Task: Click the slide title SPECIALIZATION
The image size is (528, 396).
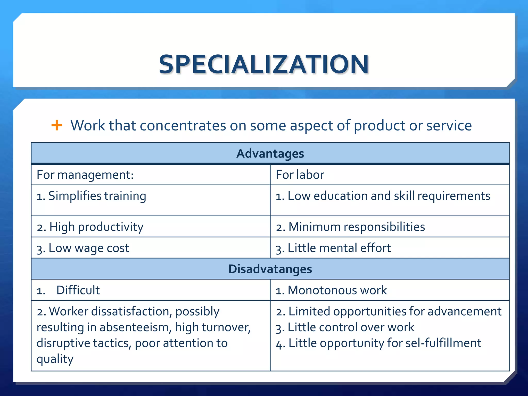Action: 264,64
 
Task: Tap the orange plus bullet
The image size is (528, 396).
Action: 57,126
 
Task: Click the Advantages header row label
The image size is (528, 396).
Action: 270,154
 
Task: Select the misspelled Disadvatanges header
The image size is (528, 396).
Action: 270,269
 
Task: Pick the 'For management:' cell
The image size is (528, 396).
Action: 85,175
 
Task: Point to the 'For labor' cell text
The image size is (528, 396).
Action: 300,175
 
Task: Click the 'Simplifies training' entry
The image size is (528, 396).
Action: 92,196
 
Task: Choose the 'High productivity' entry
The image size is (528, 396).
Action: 90,227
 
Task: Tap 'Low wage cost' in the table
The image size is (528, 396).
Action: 83,248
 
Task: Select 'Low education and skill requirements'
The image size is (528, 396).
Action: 383,196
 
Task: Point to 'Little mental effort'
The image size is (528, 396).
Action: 333,248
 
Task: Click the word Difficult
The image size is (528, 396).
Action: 78,290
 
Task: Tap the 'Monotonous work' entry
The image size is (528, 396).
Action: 332,290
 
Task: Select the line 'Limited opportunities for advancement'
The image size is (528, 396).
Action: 389,311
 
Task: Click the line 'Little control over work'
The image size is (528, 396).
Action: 345,327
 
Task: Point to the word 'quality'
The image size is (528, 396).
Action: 55,359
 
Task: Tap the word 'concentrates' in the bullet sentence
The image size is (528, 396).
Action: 183,126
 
